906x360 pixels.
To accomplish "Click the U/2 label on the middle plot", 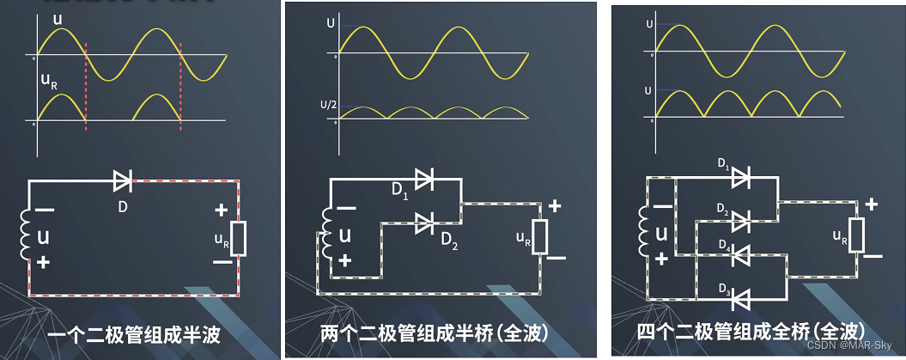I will [327, 105].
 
